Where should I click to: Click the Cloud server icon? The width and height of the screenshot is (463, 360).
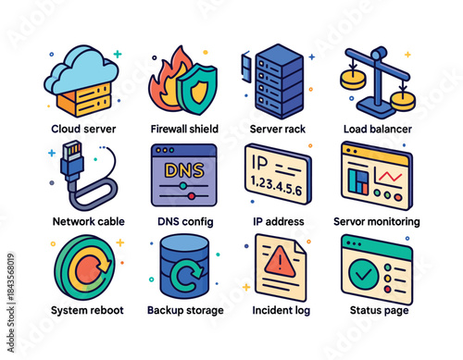[x=81, y=80]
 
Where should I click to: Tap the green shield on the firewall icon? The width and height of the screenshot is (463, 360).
[x=196, y=91]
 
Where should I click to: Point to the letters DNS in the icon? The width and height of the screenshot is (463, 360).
[x=185, y=169]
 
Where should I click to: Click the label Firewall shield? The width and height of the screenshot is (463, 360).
[x=185, y=130]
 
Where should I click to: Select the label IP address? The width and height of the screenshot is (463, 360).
[x=280, y=222]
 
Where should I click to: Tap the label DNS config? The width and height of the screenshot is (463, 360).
[x=184, y=222]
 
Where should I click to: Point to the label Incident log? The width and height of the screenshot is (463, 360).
[x=281, y=310]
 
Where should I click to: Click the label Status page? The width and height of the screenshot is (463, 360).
[x=376, y=310]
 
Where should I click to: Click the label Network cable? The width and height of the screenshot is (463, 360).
[x=88, y=222]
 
